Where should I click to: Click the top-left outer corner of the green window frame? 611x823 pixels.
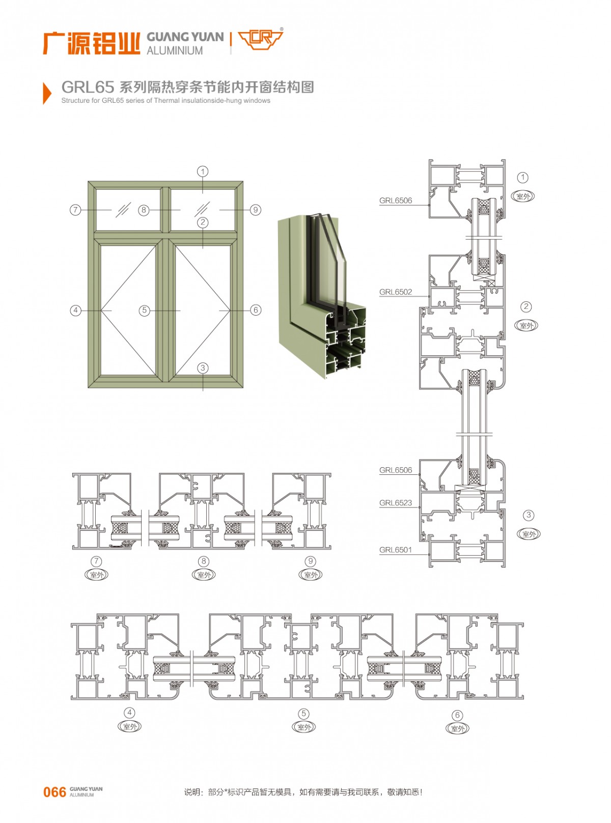point(89,181)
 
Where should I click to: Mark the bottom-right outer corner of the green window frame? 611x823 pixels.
point(243,388)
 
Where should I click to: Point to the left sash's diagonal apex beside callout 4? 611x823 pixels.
point(101,310)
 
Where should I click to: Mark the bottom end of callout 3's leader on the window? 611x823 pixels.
point(203,391)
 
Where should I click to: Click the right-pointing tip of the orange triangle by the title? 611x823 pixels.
point(51,93)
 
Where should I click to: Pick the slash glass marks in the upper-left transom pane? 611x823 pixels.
point(123,210)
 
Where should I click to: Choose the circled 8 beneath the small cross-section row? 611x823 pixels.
point(204,561)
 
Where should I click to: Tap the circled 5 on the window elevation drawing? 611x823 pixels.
point(145,310)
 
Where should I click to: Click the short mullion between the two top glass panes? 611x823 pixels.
point(165,210)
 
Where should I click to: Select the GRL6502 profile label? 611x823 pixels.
point(396,292)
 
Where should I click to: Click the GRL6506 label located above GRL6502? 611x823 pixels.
point(396,201)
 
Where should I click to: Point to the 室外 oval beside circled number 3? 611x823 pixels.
point(529,534)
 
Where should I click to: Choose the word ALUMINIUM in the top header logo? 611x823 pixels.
point(175,50)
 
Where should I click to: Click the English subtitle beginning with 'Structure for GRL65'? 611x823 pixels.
point(165,101)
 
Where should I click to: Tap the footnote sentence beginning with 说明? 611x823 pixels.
point(303,792)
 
